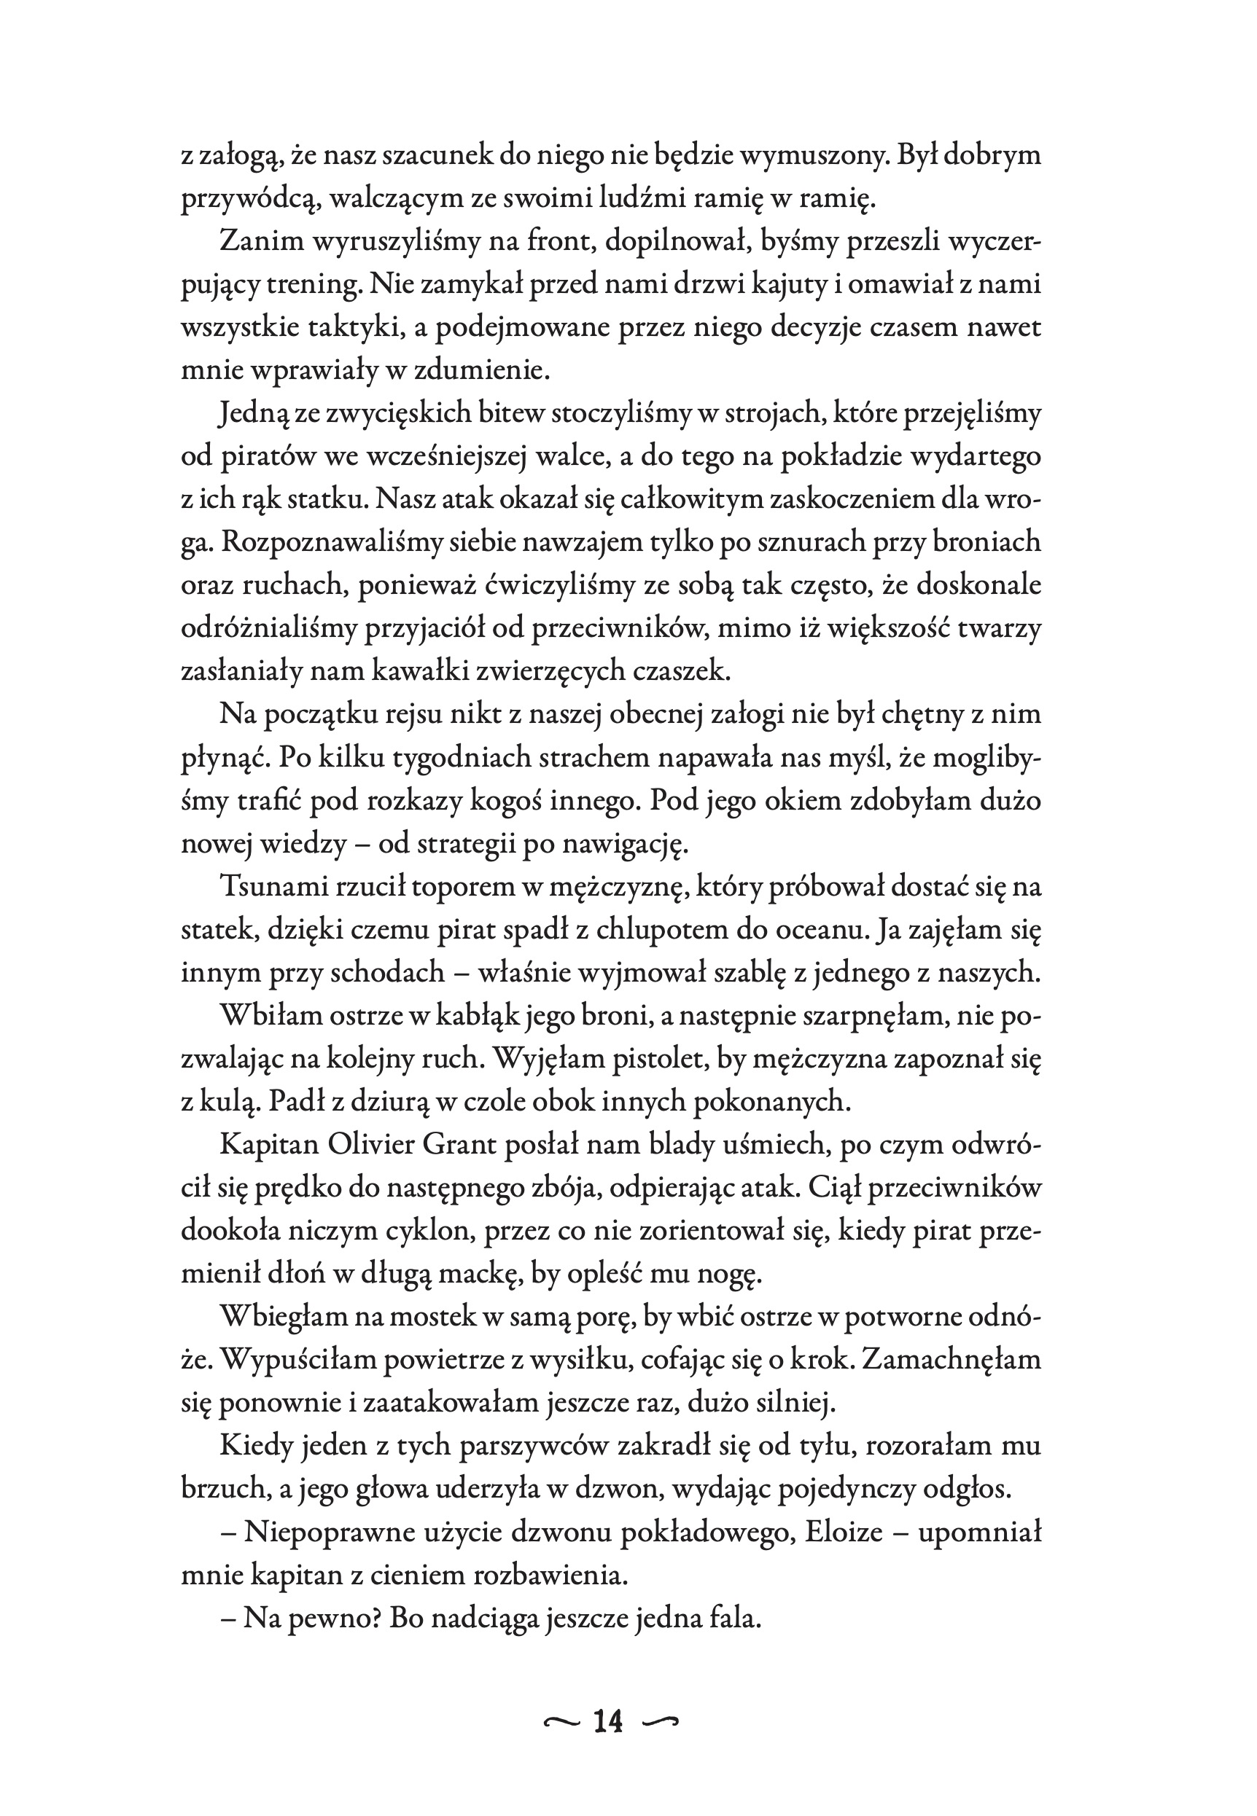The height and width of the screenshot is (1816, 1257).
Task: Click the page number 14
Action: coord(608,1721)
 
